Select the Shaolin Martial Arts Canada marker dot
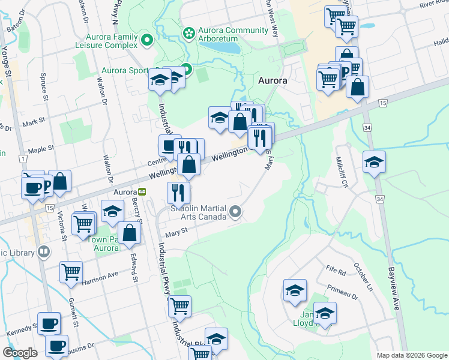pyautogui.click(x=236, y=211)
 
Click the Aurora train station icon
pyautogui.click(x=142, y=192)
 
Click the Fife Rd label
pyautogui.click(x=338, y=272)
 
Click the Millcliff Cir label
pyautogui.click(x=342, y=172)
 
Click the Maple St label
pyautogui.click(x=41, y=148)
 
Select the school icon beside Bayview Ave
pyautogui.click(x=374, y=162)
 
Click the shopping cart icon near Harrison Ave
pyautogui.click(x=71, y=272)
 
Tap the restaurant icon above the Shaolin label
pyautogui.click(x=178, y=192)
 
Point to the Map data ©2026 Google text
pyautogui.click(x=411, y=355)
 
